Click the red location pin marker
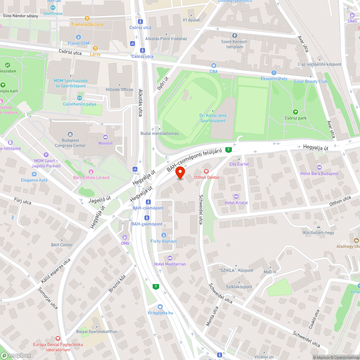(x=180, y=173)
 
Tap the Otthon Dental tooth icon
(x=206, y=171)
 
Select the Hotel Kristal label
(x=236, y=203)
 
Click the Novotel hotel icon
(x=105, y=137)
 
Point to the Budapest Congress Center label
(x=70, y=143)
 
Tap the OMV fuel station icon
(x=125, y=237)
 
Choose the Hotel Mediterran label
(x=170, y=264)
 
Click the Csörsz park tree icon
(x=296, y=112)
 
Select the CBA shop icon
(x=214, y=66)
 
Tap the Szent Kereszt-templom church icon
(x=235, y=36)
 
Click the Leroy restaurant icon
(x=95, y=48)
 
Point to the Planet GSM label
(x=78, y=43)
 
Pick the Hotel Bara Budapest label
(x=319, y=174)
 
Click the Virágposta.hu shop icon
(x=160, y=307)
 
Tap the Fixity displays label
(x=163, y=241)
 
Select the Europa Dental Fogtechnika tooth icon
(x=58, y=338)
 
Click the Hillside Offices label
(x=120, y=90)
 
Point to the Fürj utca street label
(x=23, y=202)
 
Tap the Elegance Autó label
(x=34, y=180)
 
